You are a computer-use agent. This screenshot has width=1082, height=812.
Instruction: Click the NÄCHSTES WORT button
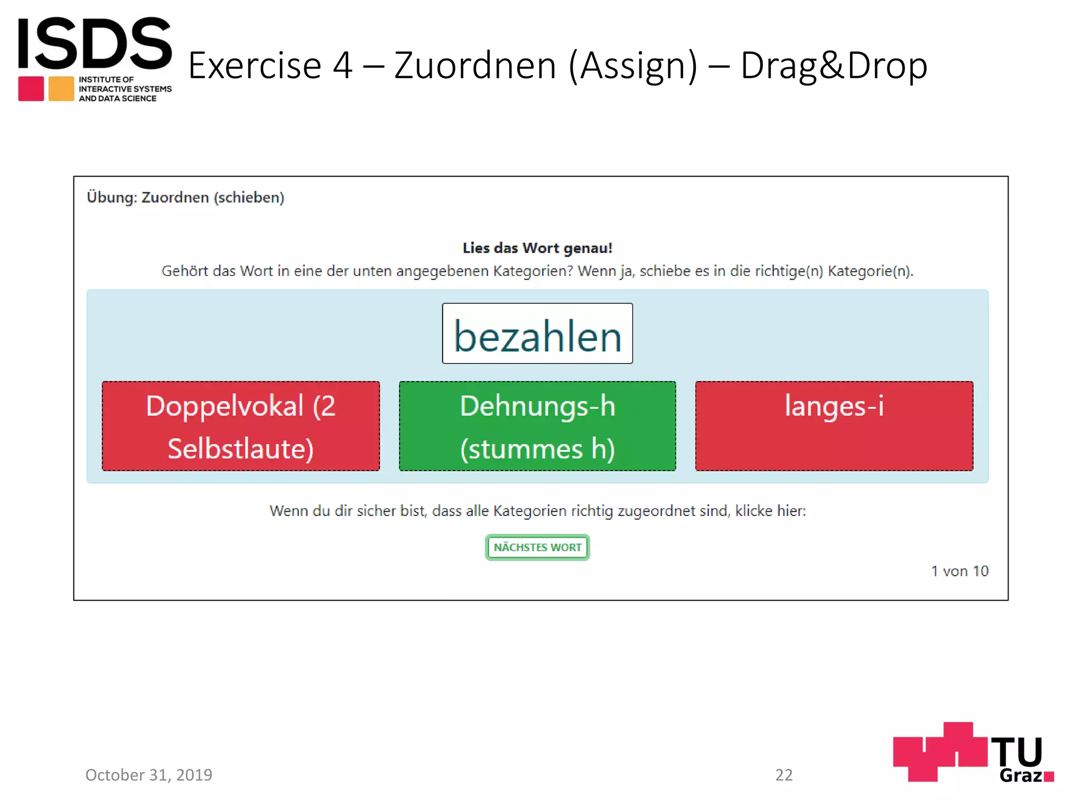click(x=537, y=547)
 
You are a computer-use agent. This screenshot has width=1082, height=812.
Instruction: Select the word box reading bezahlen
click(x=537, y=334)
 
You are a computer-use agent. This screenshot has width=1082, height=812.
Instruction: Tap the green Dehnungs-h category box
click(x=537, y=426)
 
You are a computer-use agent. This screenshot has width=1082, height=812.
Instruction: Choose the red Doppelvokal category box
click(x=241, y=426)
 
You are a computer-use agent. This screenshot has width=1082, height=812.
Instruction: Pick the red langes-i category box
click(x=834, y=426)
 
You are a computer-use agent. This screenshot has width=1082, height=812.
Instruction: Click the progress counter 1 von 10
click(x=959, y=571)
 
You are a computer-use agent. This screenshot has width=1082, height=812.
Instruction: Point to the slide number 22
click(x=783, y=774)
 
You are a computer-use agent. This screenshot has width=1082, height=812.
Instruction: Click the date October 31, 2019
click(x=149, y=774)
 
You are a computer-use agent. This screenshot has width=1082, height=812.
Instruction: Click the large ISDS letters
click(x=95, y=43)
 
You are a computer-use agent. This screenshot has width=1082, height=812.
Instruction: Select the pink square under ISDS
click(x=31, y=89)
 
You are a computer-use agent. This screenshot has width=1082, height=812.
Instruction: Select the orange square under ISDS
click(x=61, y=89)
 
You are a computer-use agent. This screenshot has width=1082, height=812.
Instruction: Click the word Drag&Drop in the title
click(x=834, y=66)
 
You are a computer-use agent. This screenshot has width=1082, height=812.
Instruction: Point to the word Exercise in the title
click(x=255, y=66)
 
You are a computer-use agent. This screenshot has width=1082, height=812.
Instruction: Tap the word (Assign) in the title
click(x=633, y=66)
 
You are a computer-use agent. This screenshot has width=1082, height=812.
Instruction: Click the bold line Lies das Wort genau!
click(x=537, y=248)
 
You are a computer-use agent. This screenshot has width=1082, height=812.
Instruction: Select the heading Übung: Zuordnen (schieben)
click(x=185, y=197)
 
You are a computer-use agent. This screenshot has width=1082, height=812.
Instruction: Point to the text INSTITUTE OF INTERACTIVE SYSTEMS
click(x=125, y=84)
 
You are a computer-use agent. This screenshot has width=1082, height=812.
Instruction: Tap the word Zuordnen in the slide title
click(x=475, y=66)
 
